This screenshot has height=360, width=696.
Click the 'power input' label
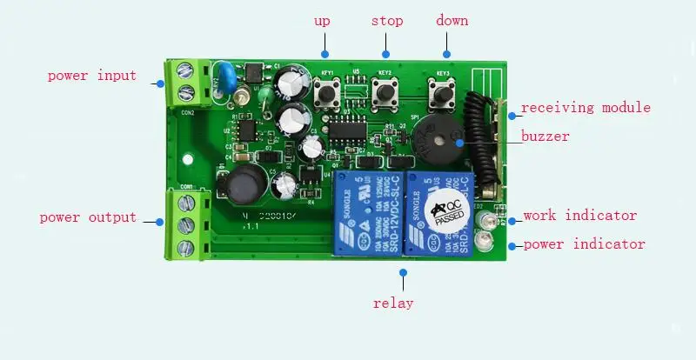91,76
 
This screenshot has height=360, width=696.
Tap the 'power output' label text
88,217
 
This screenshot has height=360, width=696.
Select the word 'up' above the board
322,20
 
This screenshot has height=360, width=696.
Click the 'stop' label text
387,20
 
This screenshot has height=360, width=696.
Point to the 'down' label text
452,20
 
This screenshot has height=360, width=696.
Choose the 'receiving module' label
586,108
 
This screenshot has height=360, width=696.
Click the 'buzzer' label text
545,136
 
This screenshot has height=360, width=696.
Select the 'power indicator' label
585,244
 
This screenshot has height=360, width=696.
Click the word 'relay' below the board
393,303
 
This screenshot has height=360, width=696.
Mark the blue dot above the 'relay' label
403,272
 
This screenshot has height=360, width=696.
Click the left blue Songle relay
365,214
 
